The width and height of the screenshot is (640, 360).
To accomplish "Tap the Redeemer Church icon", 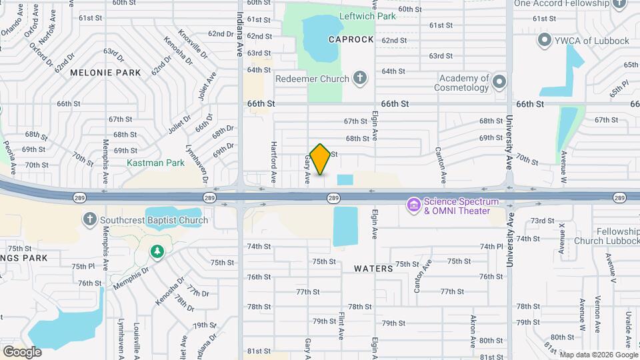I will [x=360, y=79].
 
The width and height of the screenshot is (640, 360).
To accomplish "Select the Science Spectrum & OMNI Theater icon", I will [x=413, y=205].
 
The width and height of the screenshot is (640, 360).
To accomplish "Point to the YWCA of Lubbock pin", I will [x=545, y=41].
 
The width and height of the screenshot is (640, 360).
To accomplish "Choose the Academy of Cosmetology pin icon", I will [x=499, y=82].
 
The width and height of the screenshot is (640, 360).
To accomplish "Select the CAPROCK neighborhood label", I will [x=351, y=39].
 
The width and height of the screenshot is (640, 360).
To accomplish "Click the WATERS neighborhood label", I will [x=373, y=268].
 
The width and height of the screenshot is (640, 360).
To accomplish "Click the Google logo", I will [x=22, y=351].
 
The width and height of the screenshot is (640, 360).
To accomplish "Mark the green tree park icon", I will [x=157, y=251].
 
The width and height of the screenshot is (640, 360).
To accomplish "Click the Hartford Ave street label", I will [x=273, y=163].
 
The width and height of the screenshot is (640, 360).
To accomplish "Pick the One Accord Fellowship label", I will [x=572, y=3].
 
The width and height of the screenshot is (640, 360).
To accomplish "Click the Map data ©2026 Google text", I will [x=598, y=354].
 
